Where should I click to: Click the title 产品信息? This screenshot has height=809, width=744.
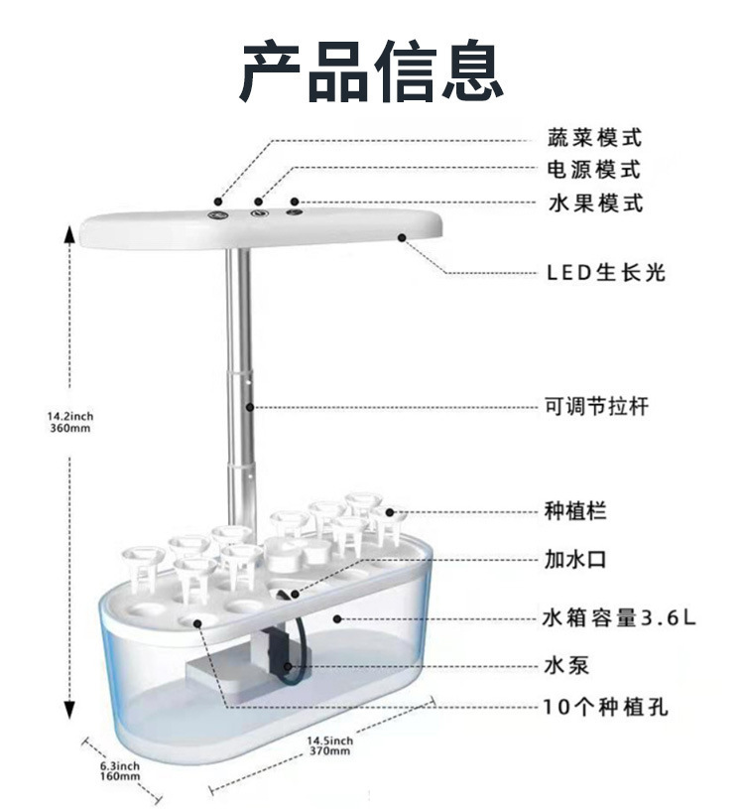coord(371,71)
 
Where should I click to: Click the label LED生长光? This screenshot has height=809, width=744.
coord(605,272)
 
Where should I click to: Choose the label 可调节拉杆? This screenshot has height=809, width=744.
coord(597,406)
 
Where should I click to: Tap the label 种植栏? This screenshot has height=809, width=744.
coord(575,512)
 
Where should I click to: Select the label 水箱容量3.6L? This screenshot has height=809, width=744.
coord(619,617)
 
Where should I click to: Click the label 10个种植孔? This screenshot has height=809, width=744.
coord(605,708)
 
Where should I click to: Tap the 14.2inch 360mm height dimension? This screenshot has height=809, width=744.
coord(69,422)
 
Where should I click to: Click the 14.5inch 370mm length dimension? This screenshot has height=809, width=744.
coord(329,745)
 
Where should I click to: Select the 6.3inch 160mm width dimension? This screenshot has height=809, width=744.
coord(119,771)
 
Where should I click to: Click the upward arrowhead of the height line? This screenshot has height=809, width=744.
coord(70,234)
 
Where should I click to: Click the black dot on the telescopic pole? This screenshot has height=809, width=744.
coord(251,406)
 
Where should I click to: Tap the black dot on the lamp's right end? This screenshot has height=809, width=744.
coord(403,236)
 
